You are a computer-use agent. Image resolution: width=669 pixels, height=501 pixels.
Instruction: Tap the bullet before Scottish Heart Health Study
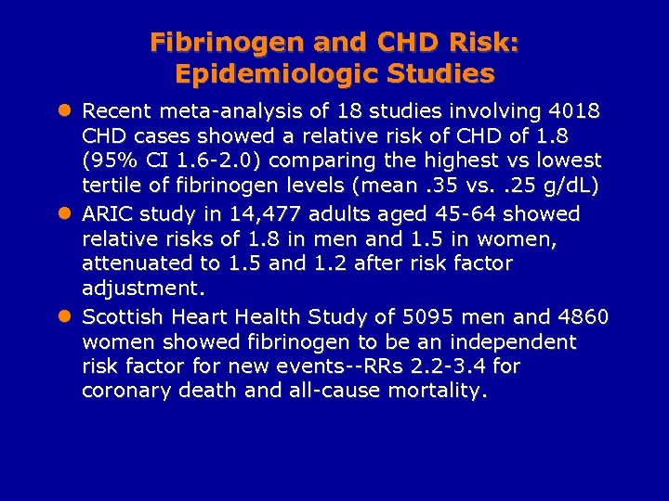coord(64,317)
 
